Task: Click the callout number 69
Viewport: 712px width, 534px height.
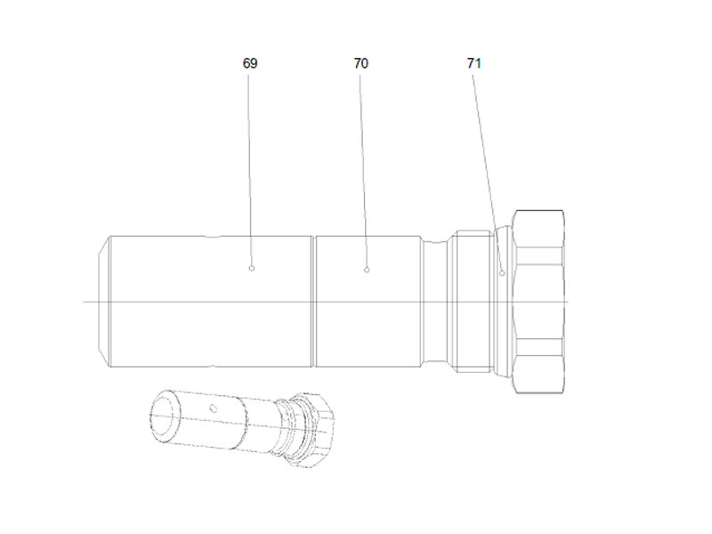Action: [250, 64]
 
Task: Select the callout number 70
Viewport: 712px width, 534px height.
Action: [360, 64]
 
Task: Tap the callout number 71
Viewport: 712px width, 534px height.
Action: [473, 64]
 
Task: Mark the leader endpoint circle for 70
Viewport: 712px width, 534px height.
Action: [367, 268]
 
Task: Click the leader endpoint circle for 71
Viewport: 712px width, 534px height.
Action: [502, 273]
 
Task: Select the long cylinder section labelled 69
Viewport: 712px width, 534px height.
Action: [209, 320]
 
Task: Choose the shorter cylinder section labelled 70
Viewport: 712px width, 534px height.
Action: [368, 320]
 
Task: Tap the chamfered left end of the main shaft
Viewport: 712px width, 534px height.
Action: [102, 302]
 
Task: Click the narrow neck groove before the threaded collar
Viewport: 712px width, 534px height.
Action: [434, 302]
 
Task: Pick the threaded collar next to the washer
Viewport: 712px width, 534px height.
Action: [471, 302]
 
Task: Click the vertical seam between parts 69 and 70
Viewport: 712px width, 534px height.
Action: [314, 302]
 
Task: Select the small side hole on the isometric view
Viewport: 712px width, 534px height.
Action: [214, 409]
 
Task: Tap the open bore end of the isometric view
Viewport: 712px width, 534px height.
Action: [165, 415]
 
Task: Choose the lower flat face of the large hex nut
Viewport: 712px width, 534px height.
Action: [539, 375]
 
